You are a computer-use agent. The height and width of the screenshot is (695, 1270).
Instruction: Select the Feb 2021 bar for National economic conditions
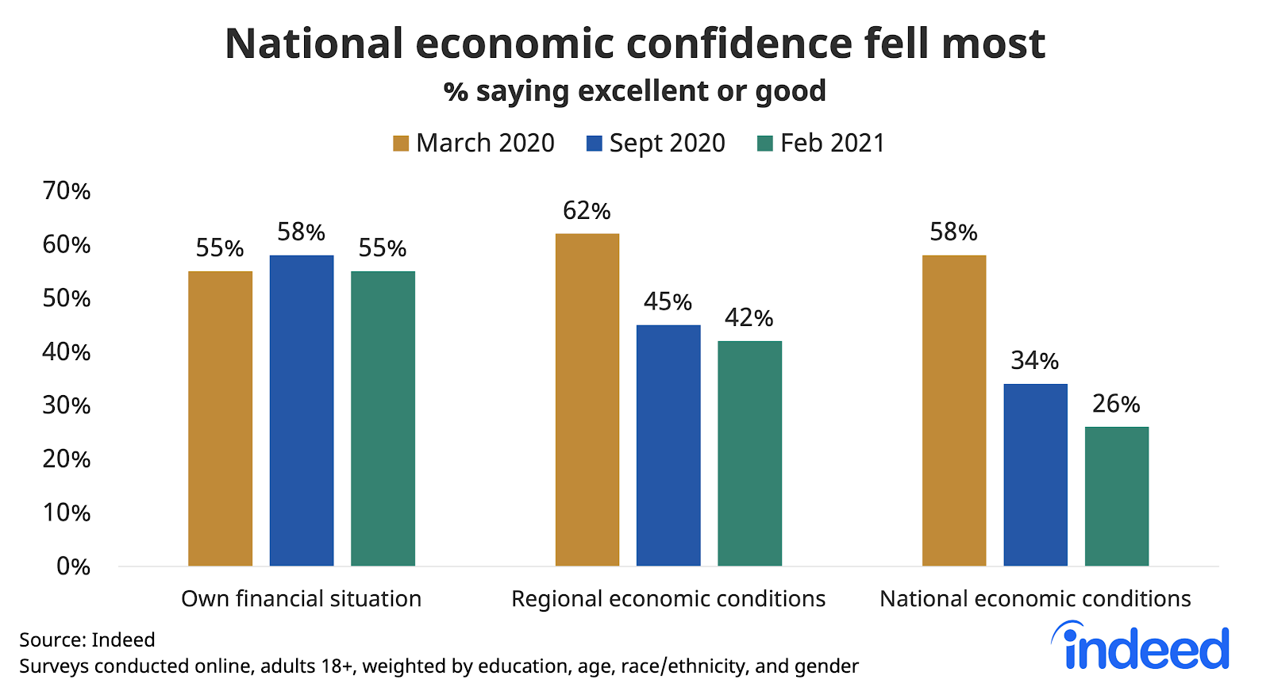(x=1116, y=496)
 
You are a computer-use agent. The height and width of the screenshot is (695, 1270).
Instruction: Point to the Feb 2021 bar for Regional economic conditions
(x=749, y=453)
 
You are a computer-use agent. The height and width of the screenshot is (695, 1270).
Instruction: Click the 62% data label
(x=587, y=211)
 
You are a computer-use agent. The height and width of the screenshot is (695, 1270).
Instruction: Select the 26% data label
(x=1116, y=404)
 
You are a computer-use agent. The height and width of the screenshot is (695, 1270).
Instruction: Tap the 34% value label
(x=1034, y=361)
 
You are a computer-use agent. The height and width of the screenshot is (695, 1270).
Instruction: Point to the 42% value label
(x=749, y=318)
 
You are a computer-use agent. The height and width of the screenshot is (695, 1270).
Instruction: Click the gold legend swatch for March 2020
(x=401, y=144)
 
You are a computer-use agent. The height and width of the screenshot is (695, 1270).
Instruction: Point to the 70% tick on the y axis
(x=67, y=191)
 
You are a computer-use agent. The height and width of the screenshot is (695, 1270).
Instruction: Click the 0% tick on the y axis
(x=73, y=566)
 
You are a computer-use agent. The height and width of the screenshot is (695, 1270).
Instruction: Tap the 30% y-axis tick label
(x=67, y=405)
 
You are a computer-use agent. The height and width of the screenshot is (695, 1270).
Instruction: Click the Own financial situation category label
(x=301, y=598)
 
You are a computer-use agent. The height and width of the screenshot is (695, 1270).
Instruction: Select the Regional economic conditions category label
(x=668, y=598)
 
